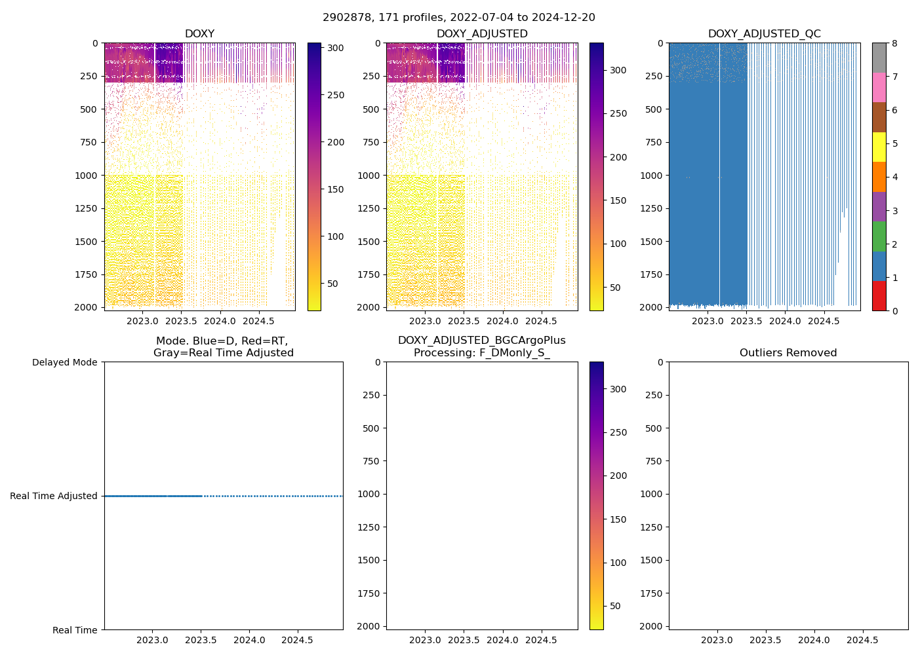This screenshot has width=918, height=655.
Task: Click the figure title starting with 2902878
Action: (x=458, y=18)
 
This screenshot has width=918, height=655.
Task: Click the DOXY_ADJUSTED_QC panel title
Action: (x=764, y=34)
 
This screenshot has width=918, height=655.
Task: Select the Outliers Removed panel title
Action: (x=788, y=353)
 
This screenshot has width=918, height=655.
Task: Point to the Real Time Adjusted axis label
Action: (x=54, y=496)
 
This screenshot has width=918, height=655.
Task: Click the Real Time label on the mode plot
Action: (x=75, y=630)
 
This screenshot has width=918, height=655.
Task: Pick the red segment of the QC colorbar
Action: (x=879, y=296)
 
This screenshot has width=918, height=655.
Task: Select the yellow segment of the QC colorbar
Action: (x=879, y=147)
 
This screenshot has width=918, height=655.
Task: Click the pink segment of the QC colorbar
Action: (x=879, y=87)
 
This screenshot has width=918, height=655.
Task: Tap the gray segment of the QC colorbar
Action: (x=879, y=58)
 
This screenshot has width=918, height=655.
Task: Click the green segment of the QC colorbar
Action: (x=879, y=236)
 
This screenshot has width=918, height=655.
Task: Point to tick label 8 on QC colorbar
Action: (x=894, y=44)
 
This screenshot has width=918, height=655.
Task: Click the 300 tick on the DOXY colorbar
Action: (x=336, y=48)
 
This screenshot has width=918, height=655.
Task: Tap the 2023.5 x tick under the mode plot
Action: (x=201, y=640)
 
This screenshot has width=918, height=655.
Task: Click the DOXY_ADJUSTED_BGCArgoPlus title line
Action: (x=482, y=341)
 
